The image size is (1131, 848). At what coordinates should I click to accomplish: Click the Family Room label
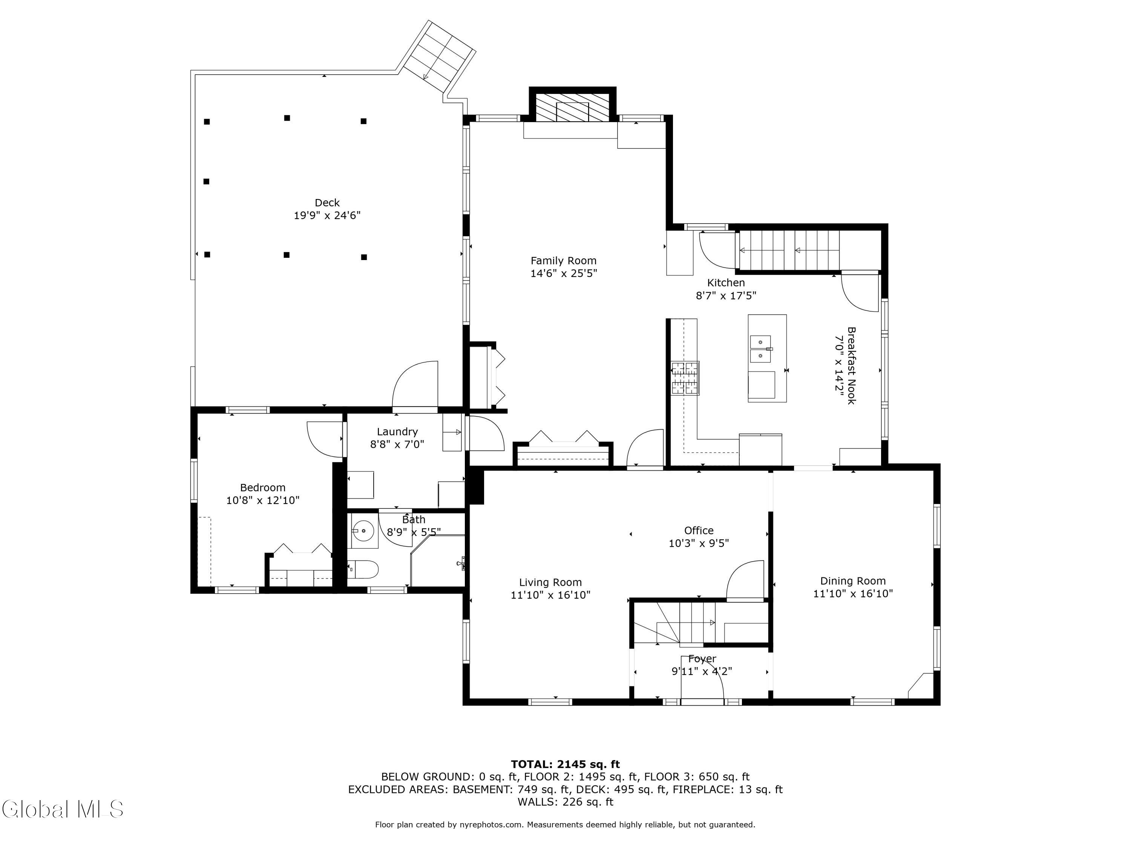click(564, 261)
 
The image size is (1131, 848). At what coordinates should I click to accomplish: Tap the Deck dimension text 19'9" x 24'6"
click(327, 215)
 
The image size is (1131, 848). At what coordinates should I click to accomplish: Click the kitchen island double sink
click(761, 349)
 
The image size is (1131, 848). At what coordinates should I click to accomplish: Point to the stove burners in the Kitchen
click(685, 378)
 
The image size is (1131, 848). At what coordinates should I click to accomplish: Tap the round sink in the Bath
click(363, 531)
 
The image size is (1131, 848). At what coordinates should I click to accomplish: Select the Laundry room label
click(397, 432)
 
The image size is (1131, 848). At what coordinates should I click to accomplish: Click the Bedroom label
click(263, 488)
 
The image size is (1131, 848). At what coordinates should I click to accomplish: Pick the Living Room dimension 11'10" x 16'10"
click(551, 595)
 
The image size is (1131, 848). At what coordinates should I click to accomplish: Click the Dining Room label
click(853, 581)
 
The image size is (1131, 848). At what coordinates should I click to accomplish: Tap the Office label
click(699, 531)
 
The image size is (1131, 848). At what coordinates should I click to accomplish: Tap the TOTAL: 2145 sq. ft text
click(565, 764)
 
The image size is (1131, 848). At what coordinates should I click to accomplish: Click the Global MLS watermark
click(62, 809)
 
